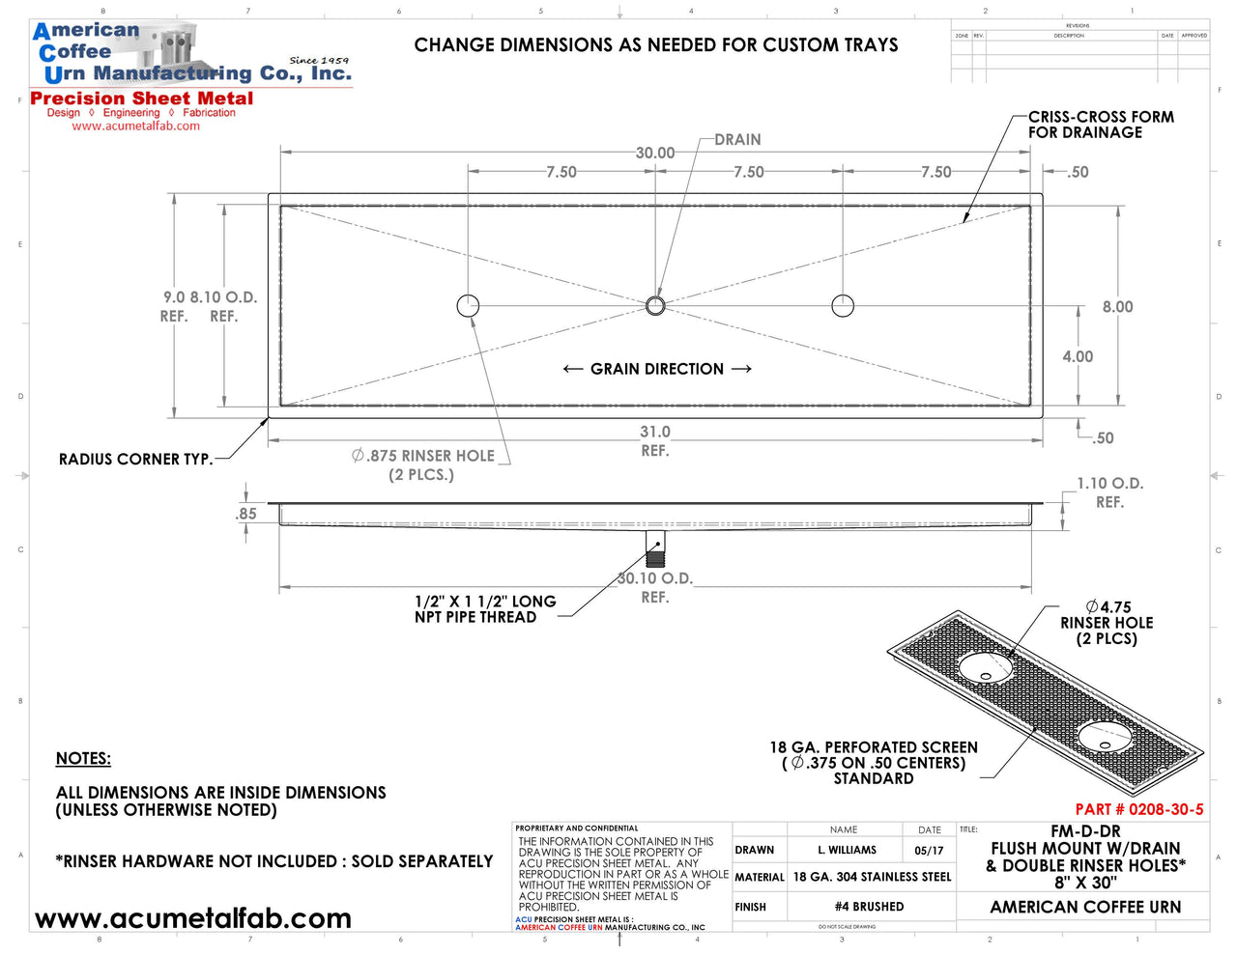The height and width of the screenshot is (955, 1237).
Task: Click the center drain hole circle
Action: pyautogui.click(x=655, y=306)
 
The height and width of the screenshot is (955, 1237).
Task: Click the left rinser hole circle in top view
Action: pyautogui.click(x=468, y=306)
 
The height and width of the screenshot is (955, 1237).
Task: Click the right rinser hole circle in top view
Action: pyautogui.click(x=843, y=306)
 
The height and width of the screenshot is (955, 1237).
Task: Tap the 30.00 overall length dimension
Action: pyautogui.click(x=655, y=153)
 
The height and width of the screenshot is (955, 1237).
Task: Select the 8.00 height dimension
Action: pyautogui.click(x=1117, y=307)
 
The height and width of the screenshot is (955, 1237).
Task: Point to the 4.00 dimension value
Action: pyautogui.click(x=1078, y=356)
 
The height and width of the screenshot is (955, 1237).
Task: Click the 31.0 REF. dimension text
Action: pyautogui.click(x=655, y=441)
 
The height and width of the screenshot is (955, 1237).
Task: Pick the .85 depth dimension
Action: pyautogui.click(x=246, y=514)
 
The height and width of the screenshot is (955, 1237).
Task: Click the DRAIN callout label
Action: pyautogui.click(x=737, y=140)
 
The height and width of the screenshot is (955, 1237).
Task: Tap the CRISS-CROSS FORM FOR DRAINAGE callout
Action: pyautogui.click(x=1100, y=125)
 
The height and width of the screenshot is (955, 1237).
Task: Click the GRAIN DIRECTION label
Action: pyautogui.click(x=657, y=369)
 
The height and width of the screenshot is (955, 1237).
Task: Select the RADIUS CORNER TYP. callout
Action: pyautogui.click(x=135, y=460)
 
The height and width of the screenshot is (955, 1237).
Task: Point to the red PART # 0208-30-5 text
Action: pyautogui.click(x=1139, y=809)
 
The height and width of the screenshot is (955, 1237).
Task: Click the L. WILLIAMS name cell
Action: pyautogui.click(x=847, y=851)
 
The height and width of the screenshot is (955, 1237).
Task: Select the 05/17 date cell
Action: pyautogui.click(x=929, y=851)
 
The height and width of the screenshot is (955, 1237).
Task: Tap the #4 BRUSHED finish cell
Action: pyautogui.click(x=869, y=907)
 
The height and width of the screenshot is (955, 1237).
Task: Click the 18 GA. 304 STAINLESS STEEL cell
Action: pyautogui.click(x=872, y=877)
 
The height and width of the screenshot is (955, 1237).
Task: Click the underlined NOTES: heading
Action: pyautogui.click(x=83, y=759)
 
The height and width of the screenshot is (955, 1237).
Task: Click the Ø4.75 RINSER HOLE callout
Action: pyautogui.click(x=1107, y=623)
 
